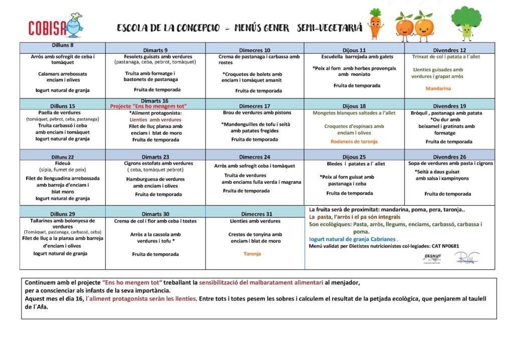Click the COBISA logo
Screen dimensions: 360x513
(55, 26)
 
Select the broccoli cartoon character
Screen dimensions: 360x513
(466, 23)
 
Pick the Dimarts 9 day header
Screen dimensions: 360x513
(155, 50)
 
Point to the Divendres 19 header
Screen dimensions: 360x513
(449, 106)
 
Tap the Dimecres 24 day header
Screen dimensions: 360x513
(254, 157)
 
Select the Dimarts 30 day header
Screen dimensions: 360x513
(155, 214)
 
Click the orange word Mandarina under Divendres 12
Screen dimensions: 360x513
(438, 89)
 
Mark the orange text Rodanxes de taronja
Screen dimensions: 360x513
(354, 141)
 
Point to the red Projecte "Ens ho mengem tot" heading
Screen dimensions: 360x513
(148, 106)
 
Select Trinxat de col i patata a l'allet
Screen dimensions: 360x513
(439, 57)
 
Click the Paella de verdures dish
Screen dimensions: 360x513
(63, 113)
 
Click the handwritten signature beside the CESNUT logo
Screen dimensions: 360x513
(466, 258)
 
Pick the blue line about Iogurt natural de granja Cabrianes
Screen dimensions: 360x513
(354, 239)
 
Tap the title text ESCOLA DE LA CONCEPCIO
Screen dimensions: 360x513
(168, 28)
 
